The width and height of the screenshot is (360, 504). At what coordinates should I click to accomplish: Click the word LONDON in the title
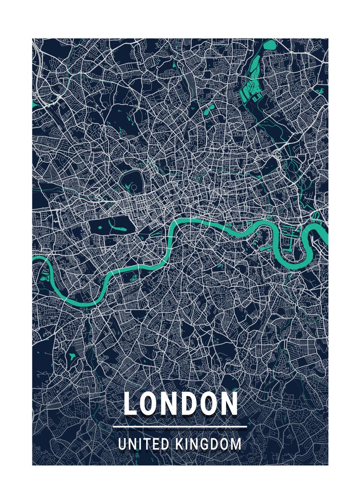[x=181, y=404]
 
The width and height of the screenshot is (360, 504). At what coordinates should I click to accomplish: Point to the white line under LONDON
[x=180, y=427]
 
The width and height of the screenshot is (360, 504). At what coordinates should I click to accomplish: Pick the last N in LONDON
[x=229, y=404]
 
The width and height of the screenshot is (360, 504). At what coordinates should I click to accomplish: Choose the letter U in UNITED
[x=122, y=444]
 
